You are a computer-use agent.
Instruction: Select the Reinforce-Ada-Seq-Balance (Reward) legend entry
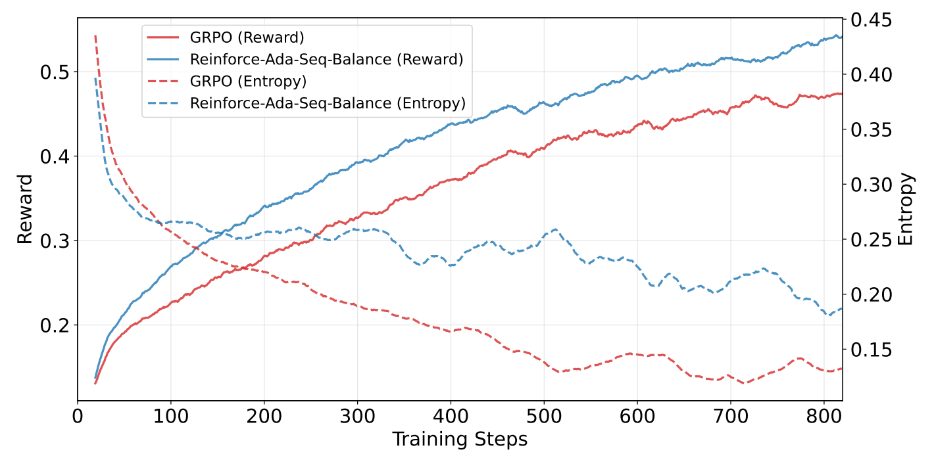coord(326,59)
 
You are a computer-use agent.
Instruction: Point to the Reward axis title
coord(24,209)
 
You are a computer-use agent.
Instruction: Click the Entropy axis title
coord(906,209)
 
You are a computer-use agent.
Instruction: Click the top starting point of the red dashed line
coord(95,35)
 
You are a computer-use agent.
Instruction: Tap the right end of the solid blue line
coord(841,37)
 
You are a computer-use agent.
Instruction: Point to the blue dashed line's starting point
coord(95,79)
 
